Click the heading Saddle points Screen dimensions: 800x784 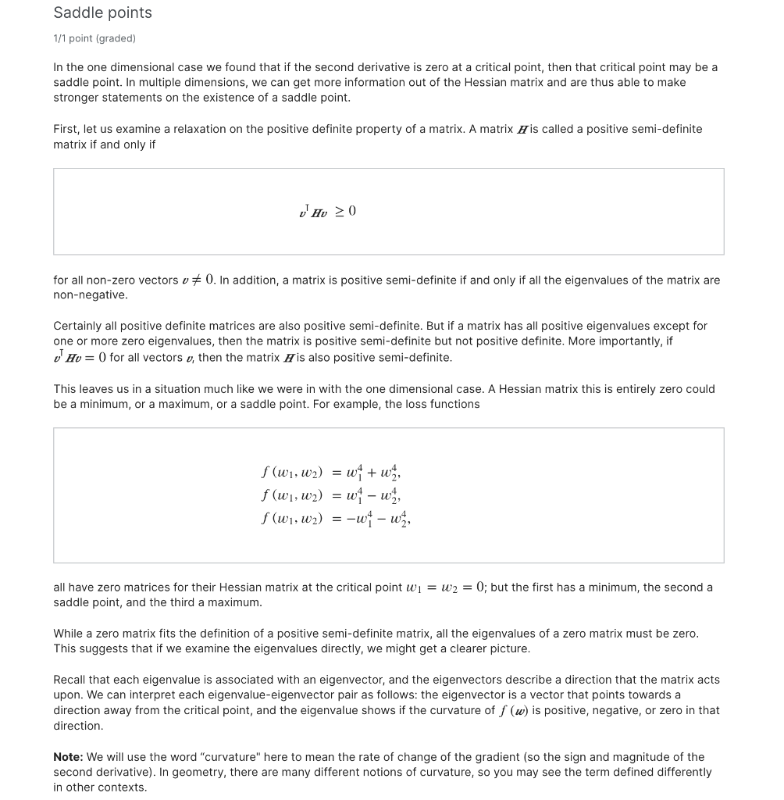point(102,12)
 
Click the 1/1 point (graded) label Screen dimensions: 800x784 point(94,38)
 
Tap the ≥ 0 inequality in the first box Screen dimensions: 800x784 point(345,211)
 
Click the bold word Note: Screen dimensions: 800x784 point(68,757)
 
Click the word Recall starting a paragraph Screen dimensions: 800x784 point(71,680)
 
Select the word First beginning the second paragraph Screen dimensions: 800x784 point(66,129)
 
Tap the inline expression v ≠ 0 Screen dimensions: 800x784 point(198,280)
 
